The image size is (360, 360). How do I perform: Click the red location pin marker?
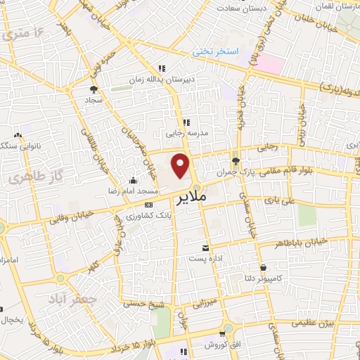coord(181,167)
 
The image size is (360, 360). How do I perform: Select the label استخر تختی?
coord(218,52)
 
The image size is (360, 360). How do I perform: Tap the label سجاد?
coord(94,101)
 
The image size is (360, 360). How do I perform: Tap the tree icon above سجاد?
coord(93,89)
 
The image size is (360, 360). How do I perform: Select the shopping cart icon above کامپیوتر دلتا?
coord(263,267)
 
